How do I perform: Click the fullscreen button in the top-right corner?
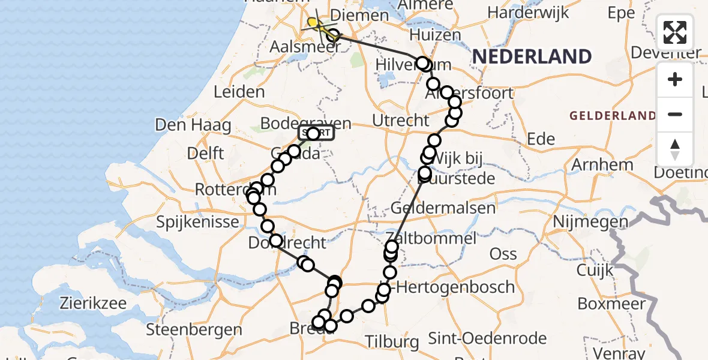[x=675, y=32]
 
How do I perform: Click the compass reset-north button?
[x=675, y=149]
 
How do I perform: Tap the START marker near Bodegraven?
[x=316, y=133]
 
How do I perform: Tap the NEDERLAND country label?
[x=532, y=56]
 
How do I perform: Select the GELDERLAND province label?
[x=613, y=115]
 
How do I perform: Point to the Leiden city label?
[x=239, y=92]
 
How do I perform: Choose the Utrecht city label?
[x=401, y=120]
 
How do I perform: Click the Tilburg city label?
[x=392, y=342]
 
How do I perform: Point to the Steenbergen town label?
[x=194, y=329]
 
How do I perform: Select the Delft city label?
[x=205, y=153]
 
